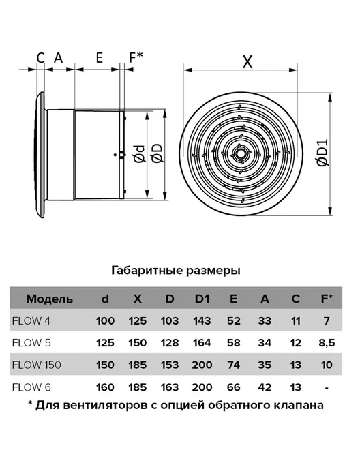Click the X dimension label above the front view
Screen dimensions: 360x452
(247, 61)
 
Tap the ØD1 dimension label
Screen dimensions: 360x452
(322, 153)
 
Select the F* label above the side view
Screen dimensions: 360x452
(136, 57)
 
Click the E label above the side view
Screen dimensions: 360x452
(99, 58)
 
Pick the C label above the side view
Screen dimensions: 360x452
(41, 58)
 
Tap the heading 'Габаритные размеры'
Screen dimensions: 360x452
(176, 271)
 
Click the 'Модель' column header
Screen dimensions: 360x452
(49, 299)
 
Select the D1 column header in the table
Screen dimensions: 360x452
(202, 299)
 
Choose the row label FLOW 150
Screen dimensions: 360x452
(37, 365)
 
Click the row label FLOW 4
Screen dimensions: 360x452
(31, 320)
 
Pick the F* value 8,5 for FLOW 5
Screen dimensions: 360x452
(327, 343)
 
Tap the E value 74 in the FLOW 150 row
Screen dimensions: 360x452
(233, 365)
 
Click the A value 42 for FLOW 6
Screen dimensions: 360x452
(265, 387)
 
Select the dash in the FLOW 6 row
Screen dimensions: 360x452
(327, 388)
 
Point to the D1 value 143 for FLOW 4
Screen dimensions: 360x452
(202, 320)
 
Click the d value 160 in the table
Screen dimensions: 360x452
(105, 387)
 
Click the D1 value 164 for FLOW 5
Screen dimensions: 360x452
(202, 343)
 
